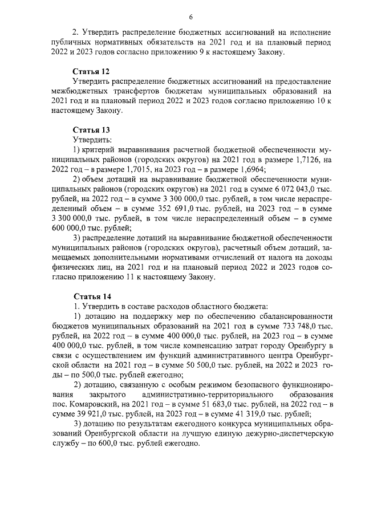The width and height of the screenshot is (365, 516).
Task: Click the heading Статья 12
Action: point(91,71)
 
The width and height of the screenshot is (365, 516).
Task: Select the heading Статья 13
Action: point(91,129)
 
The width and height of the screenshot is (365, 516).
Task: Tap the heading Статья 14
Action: point(91,296)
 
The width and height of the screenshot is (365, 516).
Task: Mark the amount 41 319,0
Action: point(254,414)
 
